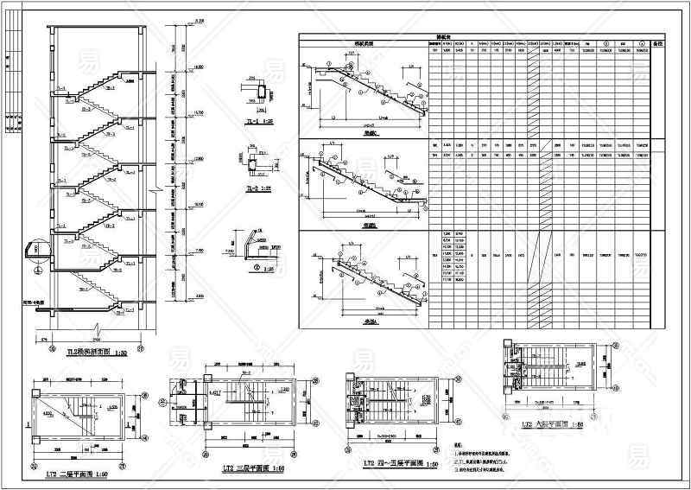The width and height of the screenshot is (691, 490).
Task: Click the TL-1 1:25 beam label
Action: (250, 123)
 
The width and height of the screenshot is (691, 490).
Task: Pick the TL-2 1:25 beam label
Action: (250, 187)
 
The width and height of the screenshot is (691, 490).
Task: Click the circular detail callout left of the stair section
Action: (35, 251)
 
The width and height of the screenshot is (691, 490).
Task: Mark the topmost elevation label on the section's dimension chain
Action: (199, 20)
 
